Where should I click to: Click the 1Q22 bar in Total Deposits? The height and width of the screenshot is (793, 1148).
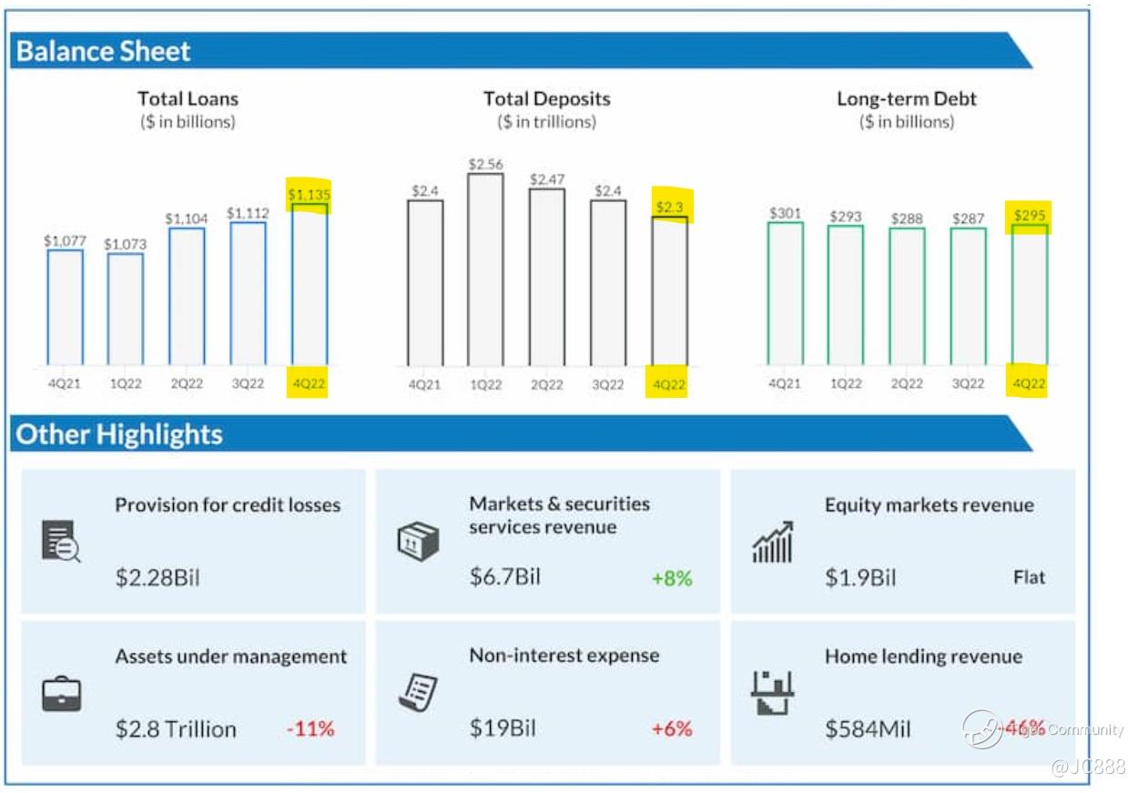click(485, 269)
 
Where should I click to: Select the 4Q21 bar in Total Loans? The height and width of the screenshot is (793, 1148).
click(65, 307)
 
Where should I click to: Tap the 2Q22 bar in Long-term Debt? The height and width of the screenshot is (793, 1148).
click(907, 296)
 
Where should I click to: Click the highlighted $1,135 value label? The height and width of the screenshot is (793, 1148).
click(310, 194)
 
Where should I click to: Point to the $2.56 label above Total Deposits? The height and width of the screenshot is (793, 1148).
click(485, 164)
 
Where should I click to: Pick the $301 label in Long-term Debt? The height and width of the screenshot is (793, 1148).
click(785, 213)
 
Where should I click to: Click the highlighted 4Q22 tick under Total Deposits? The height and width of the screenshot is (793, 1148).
click(669, 384)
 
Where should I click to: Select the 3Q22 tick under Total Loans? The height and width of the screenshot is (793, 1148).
click(248, 383)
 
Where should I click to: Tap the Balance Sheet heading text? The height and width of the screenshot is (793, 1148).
click(103, 52)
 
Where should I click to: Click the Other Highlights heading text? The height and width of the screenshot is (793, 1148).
click(119, 434)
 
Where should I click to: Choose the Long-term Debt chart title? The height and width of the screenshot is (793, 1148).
click(906, 98)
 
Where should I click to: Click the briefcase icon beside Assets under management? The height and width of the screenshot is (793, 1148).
click(62, 695)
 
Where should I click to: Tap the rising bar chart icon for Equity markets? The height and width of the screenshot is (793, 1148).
click(772, 543)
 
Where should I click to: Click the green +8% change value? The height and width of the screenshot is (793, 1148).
click(672, 578)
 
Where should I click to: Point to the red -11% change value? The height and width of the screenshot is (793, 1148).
click(310, 728)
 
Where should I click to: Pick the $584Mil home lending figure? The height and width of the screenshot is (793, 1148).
click(868, 728)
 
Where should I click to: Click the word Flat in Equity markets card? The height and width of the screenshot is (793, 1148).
click(1029, 577)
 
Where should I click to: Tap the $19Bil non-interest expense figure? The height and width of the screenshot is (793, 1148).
click(503, 728)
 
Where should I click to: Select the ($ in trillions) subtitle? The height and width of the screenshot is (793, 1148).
click(546, 122)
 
